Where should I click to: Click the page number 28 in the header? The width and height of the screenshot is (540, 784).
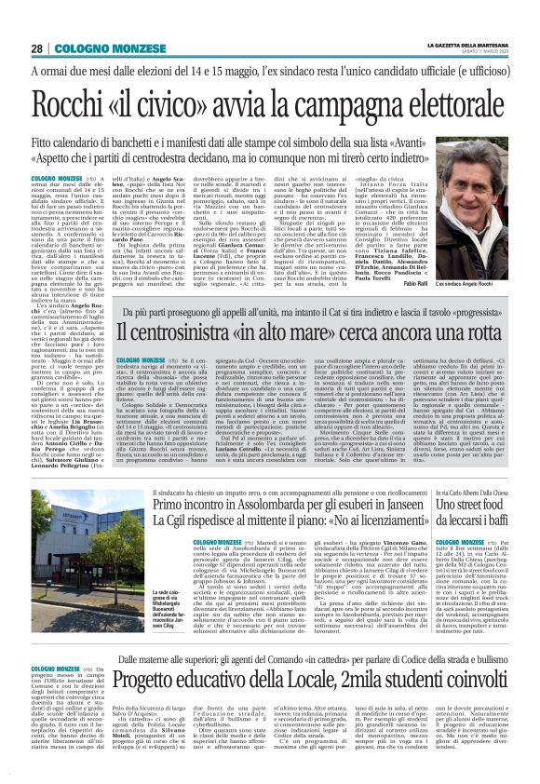pos(37,48)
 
